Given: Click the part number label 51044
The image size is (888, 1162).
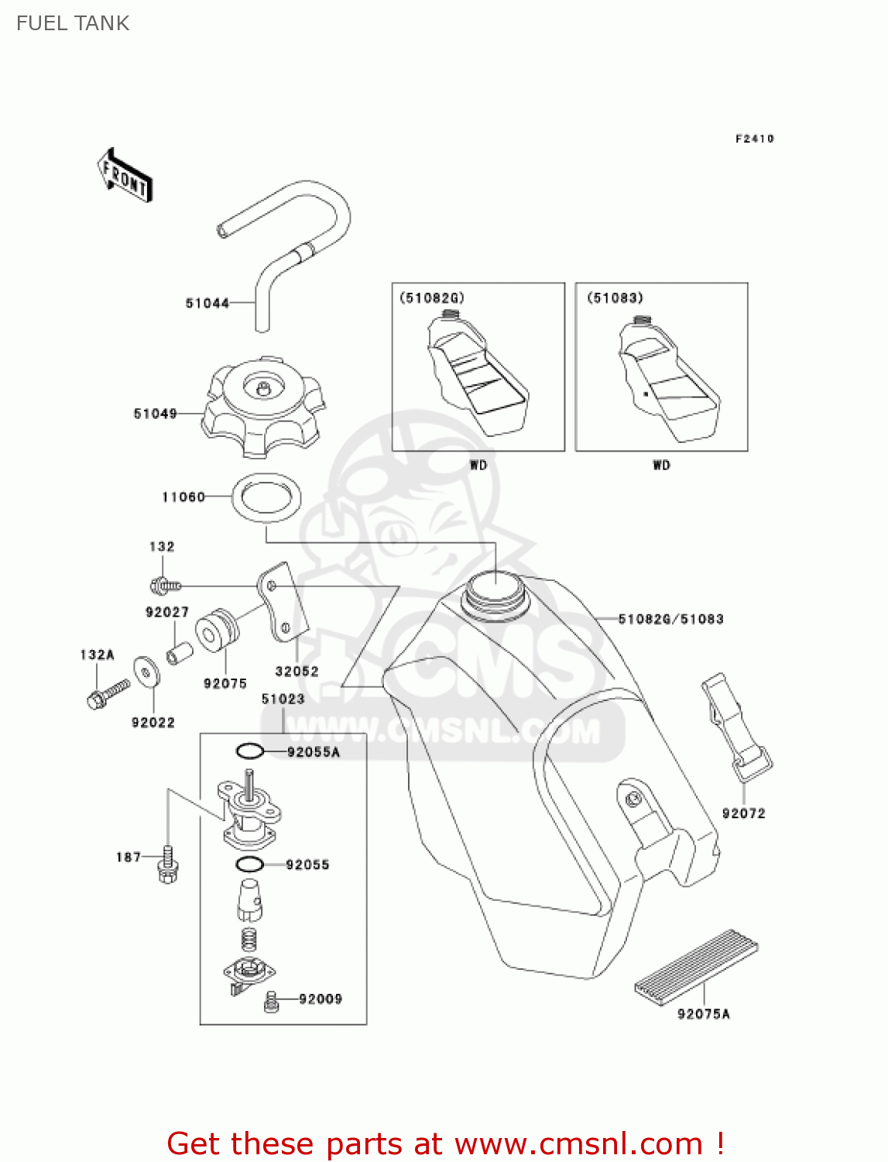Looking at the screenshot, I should pyautogui.click(x=207, y=303).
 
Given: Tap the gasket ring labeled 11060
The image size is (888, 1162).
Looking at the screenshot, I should pyautogui.click(x=266, y=497).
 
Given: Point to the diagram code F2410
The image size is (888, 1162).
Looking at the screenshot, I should pyautogui.click(x=754, y=139).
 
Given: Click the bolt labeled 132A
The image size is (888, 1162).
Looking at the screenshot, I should pyautogui.click(x=107, y=693).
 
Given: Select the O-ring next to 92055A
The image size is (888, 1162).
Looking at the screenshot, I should pyautogui.click(x=250, y=751).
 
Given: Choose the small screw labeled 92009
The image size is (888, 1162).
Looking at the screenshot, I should pyautogui.click(x=271, y=1001).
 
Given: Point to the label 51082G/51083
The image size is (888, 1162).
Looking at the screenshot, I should pyautogui.click(x=670, y=619).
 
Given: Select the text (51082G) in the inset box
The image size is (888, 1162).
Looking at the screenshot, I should pyautogui.click(x=432, y=298).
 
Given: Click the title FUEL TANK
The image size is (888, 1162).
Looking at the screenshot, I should pyautogui.click(x=73, y=23).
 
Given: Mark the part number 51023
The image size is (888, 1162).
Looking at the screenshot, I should pyautogui.click(x=283, y=699).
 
